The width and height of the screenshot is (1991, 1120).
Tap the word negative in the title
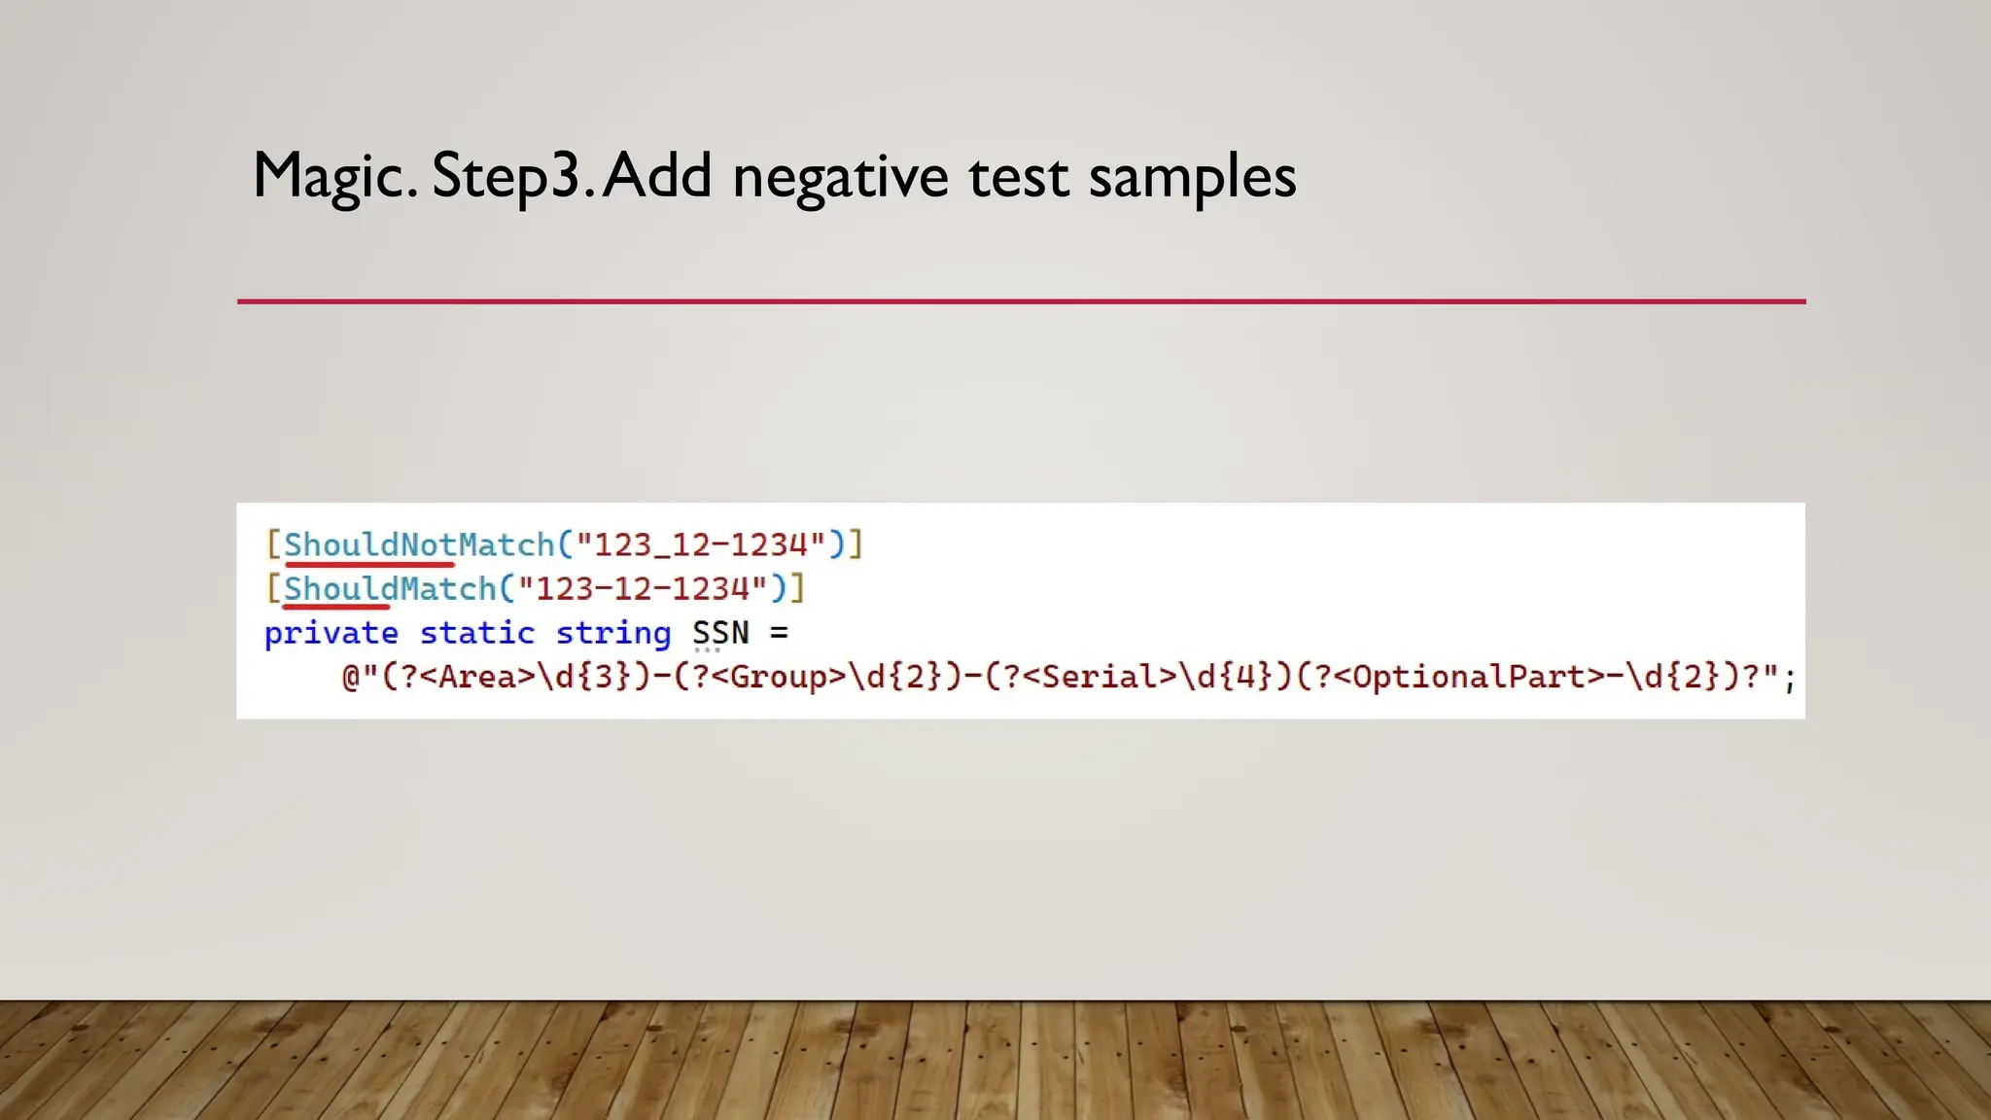click(840, 177)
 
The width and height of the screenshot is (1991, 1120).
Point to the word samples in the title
click(1192, 177)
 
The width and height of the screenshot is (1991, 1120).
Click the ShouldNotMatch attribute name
click(418, 544)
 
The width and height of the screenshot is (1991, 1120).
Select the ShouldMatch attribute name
click(390, 588)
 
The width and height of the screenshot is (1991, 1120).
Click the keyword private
click(332, 633)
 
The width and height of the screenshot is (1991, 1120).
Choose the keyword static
click(477, 633)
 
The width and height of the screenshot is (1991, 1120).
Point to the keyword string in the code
click(613, 633)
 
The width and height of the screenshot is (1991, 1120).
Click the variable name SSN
click(720, 633)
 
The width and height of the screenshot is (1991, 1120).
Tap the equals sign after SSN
click(779, 633)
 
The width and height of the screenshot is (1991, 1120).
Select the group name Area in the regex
click(477, 677)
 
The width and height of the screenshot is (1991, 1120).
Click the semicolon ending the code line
click(1790, 679)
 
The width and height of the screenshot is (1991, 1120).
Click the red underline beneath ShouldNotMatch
click(369, 563)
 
